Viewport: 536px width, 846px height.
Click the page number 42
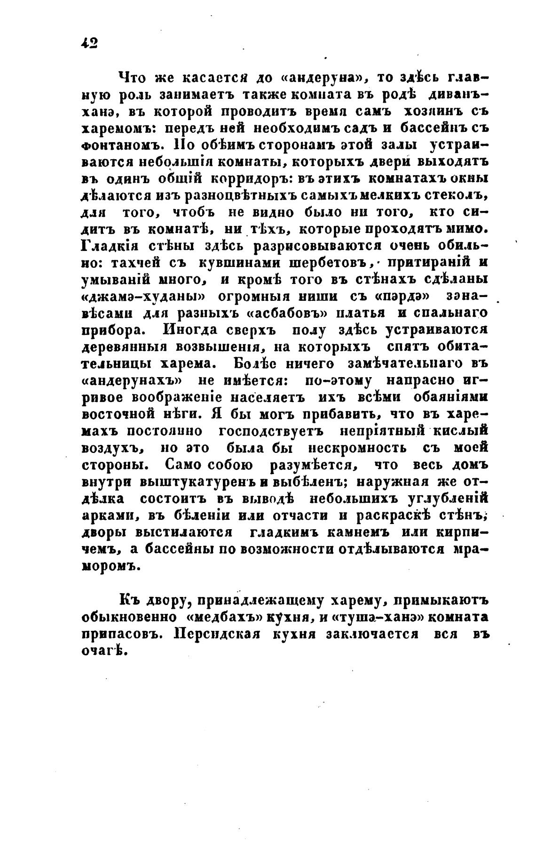tap(89, 43)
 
